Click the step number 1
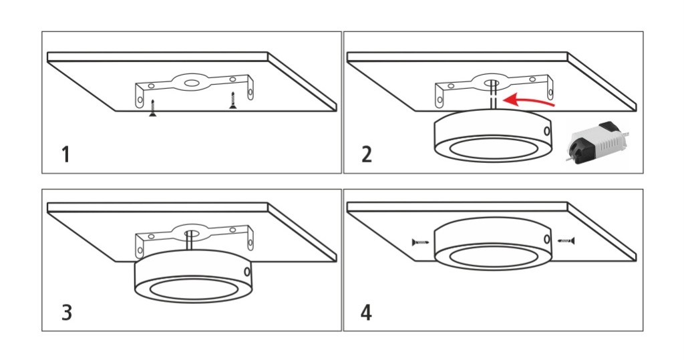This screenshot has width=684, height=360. point(66,155)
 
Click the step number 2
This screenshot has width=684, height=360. point(367,155)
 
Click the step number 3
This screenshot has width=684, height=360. point(66,313)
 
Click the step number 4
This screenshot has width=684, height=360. point(367,313)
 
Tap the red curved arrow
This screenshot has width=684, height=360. point(528,100)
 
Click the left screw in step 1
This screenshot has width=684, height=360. point(153,108)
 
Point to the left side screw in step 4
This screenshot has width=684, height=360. point(421,242)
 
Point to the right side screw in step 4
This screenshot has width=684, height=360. point(566,240)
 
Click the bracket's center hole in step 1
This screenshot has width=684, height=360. point(190,82)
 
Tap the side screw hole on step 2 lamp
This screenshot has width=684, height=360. point(546,131)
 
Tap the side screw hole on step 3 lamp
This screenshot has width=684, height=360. point(247,271)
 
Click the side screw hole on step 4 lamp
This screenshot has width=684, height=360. point(546,238)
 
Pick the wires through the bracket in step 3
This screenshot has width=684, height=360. point(190,240)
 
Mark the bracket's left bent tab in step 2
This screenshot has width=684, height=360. point(440,96)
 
